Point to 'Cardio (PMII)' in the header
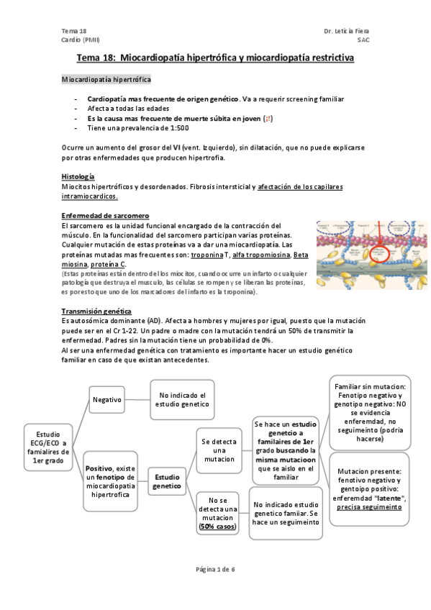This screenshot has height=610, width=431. point(81,40)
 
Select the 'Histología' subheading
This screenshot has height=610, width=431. point(78,177)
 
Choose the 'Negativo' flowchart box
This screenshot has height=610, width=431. point(106,399)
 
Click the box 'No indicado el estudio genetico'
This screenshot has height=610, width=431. point(182,399)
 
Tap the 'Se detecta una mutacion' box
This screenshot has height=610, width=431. point(219,450)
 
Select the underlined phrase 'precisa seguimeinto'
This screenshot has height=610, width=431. point(369,506)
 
